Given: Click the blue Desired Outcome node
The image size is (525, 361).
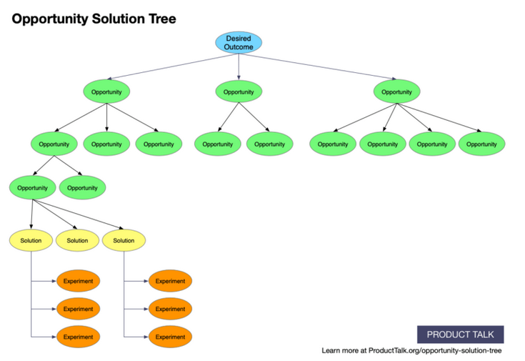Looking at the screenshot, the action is coord(239,43).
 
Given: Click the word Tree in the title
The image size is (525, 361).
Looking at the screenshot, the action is coord(162,19).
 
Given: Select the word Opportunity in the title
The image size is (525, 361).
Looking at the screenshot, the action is coord(50,19).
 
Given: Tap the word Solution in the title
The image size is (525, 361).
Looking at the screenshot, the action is coord(119,19).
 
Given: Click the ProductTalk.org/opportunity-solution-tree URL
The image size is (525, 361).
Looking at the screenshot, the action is coord(435,350).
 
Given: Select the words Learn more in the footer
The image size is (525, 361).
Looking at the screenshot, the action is coord(340,350).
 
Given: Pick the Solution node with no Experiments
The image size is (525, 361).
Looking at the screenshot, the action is coord(77,240).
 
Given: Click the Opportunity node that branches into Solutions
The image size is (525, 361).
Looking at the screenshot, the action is coord(32,188).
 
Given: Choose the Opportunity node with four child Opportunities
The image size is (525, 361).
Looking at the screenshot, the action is coord(396,92).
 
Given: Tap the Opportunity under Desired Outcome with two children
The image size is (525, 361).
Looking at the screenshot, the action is coord(239,92).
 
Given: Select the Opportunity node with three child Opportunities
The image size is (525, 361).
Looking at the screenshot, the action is coord(106,92).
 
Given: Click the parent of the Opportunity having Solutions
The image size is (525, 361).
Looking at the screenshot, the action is coord(54,144).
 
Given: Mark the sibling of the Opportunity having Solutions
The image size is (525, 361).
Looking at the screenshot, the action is coord(82,188).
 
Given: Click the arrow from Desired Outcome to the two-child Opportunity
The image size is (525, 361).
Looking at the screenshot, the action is coord(239,66).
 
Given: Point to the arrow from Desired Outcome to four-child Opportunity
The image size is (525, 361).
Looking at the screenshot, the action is coord(318,66).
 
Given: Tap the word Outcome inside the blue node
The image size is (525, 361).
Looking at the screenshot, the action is coord(239,47).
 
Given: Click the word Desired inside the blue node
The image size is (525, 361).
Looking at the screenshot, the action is coord(239,38).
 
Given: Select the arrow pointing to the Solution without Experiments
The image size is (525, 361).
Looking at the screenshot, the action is coord(55,214).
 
